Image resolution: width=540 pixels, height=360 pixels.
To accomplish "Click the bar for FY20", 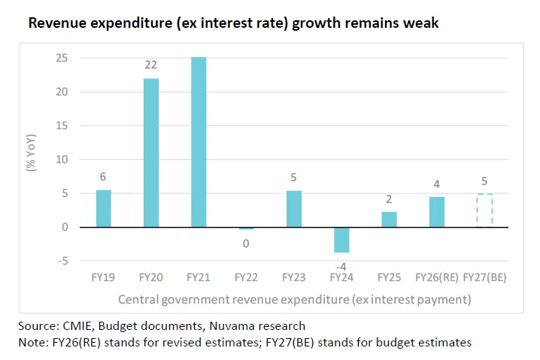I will (151, 153).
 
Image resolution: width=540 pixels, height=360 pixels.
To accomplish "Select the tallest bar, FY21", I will (199, 142).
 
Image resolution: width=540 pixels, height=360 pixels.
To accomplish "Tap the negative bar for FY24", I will (342, 240).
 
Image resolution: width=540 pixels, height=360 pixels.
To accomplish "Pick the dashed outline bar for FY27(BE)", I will (485, 210).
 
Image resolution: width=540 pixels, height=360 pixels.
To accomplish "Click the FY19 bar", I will (104, 208).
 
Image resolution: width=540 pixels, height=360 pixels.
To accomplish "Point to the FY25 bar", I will (390, 219).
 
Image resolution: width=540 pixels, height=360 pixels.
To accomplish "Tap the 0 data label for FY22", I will (246, 243).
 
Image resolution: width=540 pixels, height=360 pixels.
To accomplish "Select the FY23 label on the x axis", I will (294, 277).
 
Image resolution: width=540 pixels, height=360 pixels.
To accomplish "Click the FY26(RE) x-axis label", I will (438, 277).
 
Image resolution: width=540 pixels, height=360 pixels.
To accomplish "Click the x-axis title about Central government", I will (294, 299).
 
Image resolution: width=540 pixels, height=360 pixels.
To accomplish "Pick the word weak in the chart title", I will (421, 24).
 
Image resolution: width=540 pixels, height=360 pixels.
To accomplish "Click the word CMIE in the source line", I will (78, 326).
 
